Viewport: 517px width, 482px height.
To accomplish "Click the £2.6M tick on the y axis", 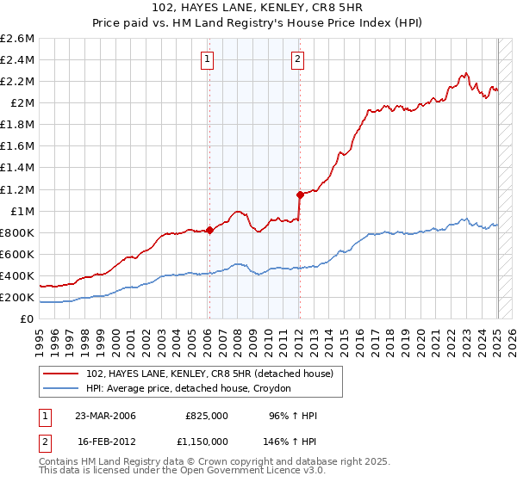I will pyautogui.click(x=17, y=39).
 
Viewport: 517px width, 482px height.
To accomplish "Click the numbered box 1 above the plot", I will pyautogui.click(x=209, y=59).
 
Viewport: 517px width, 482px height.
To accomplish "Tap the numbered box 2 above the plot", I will pyautogui.click(x=297, y=59).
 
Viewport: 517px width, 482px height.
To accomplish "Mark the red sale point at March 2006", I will pyautogui.click(x=209, y=230).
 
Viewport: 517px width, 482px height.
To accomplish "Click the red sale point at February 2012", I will pyautogui.click(x=300, y=195).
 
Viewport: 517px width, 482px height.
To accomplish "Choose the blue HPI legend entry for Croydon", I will pyautogui.click(x=189, y=389).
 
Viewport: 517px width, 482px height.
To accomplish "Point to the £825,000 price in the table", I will pyautogui.click(x=207, y=415).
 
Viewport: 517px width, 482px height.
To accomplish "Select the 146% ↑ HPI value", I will pyautogui.click(x=290, y=441).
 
